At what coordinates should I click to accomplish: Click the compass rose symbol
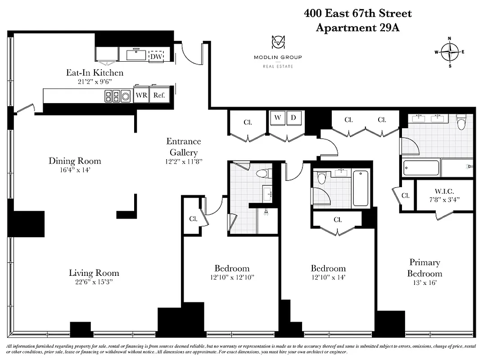[449, 52]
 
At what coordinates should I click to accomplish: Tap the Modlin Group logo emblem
[277, 42]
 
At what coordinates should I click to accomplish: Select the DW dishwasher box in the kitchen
[156, 56]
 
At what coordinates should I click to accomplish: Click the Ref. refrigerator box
[158, 95]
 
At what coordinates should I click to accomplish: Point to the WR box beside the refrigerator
[141, 95]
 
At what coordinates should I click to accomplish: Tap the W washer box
[278, 118]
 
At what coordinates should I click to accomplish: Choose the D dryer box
[294, 118]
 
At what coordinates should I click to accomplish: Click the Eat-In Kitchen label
[95, 72]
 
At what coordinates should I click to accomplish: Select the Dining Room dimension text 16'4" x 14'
[75, 170]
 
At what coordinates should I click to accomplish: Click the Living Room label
[94, 273]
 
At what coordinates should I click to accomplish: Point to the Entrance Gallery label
[183, 147]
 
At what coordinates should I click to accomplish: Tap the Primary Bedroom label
[424, 268]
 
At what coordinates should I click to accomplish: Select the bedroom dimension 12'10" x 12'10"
[232, 277]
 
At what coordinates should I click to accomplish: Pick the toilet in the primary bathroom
[461, 121]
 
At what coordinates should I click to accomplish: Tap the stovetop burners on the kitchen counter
[112, 95]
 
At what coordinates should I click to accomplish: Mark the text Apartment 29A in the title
[357, 27]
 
